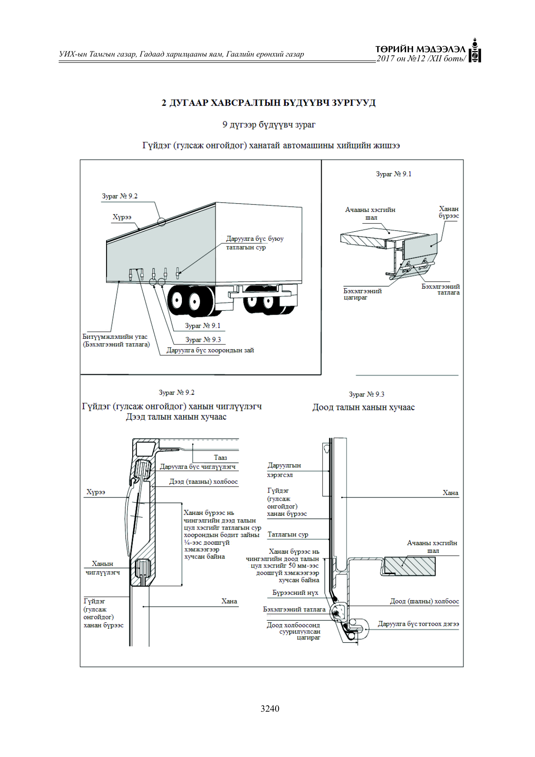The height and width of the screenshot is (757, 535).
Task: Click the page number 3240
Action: coord(270,709)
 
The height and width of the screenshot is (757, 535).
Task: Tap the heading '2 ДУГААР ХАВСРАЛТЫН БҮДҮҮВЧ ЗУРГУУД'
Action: coord(269,103)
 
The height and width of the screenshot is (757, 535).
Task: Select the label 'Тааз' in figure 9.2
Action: coord(220,457)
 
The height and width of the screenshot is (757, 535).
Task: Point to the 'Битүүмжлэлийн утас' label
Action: coord(115,337)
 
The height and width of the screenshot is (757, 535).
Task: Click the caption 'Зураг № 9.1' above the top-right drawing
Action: coord(394,174)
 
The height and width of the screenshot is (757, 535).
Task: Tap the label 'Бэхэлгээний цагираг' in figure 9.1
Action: coord(363,294)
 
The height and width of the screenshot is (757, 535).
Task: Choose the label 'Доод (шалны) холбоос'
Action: coord(425,601)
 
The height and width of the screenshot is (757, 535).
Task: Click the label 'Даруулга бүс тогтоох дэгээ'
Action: coord(419,624)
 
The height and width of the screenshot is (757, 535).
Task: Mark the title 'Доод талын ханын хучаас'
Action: coord(363,407)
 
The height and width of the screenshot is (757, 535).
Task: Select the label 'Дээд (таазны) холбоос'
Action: coord(203,482)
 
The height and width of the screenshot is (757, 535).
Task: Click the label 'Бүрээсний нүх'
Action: coord(295,593)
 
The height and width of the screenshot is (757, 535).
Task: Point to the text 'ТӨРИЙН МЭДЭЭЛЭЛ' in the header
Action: coord(420,49)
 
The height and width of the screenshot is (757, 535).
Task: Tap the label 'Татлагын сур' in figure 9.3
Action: coord(288,535)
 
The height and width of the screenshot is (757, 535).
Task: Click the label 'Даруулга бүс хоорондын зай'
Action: coord(210,350)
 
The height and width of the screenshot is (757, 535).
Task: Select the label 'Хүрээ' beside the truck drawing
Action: coord(122,217)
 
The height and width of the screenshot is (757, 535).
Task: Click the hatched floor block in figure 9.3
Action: coord(410,566)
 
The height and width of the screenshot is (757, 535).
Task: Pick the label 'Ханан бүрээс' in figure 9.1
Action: coord(449,212)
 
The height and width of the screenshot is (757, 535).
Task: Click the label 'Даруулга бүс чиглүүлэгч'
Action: coord(198,467)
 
